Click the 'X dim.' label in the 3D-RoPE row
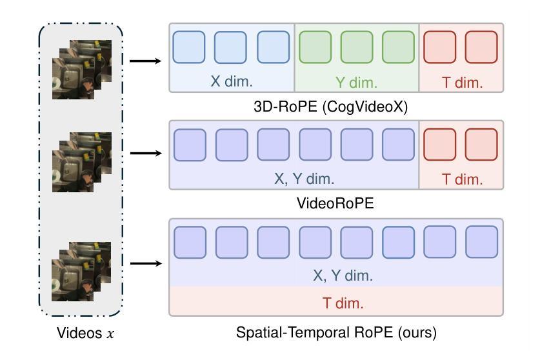pos(232,81)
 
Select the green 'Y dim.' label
pos(356,83)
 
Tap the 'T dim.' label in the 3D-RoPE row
pos(462,83)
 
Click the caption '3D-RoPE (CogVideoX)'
pos(330,107)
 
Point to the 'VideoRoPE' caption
pos(335,203)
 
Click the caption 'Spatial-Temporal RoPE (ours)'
pos(336,332)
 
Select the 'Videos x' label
pos(85,333)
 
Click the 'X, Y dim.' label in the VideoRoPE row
pos(304,179)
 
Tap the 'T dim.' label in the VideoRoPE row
pos(462,179)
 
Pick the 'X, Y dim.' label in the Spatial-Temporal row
pos(343,275)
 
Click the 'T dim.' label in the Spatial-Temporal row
pos(343,303)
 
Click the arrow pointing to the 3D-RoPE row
pos(145,61)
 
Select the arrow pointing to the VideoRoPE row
pos(146,154)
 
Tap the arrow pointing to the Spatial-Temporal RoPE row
pos(146,263)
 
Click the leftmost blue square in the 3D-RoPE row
pos(189,47)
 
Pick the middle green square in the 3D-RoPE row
pos(357,47)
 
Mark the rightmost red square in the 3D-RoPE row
pos(481,47)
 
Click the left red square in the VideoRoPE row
pos(440,145)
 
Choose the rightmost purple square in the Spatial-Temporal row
pos(481,242)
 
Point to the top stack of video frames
pos(82,70)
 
